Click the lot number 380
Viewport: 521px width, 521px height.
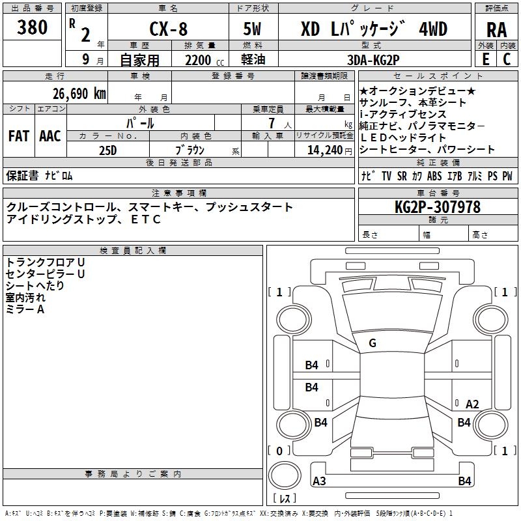pos(33,28)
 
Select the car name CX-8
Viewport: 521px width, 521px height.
pos(167,29)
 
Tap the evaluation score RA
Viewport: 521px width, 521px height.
pos(496,29)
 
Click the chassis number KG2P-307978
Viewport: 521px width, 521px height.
pos(438,208)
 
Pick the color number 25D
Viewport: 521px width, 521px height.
pos(107,150)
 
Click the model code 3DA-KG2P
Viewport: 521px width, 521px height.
pos(374,60)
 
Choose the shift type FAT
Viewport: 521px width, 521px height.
pos(18,136)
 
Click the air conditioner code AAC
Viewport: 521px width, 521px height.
pos(50,136)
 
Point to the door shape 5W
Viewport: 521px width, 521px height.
pos(253,29)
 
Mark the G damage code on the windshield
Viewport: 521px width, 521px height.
pos(373,343)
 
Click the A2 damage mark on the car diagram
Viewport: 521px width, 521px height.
pos(472,404)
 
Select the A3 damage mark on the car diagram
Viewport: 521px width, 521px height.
pos(320,481)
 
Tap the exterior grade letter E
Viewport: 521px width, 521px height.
pos(485,60)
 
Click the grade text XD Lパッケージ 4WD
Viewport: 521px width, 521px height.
pos(374,29)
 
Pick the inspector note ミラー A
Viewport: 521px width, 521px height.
pos(25,310)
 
